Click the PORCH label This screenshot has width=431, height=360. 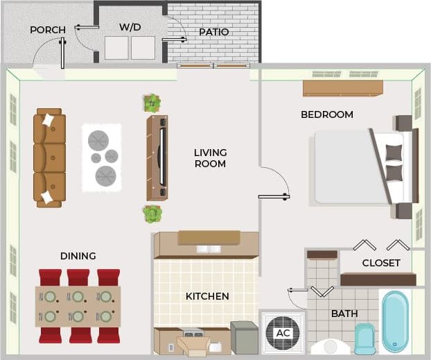[48, 30]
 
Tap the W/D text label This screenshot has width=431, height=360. [130, 27]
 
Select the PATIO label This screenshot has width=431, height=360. [213, 32]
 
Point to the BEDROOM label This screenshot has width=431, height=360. [326, 114]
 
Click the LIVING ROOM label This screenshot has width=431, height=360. [210, 158]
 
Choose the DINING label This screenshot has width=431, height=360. [78, 256]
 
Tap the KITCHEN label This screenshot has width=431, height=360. [207, 296]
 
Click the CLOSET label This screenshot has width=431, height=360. [380, 263]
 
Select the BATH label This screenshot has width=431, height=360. [344, 314]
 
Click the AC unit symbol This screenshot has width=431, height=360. [283, 332]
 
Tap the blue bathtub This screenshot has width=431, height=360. [396, 321]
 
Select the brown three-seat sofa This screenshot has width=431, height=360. [50, 157]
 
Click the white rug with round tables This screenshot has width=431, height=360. [101, 157]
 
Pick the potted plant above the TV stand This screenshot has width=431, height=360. [152, 103]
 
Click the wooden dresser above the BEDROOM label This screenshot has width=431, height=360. [342, 88]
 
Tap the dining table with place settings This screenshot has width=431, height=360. [78, 306]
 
